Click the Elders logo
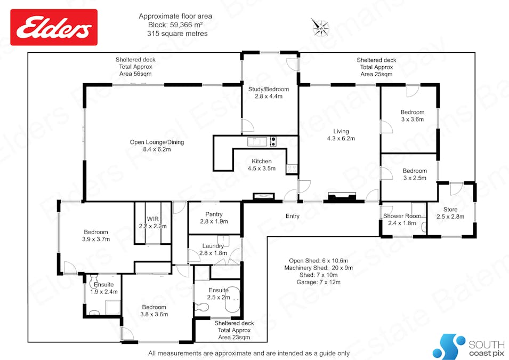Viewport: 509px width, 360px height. click(54, 27)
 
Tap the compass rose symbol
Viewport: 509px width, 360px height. click(321, 27)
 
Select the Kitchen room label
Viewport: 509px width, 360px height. click(262, 161)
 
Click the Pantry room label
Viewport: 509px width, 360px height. click(214, 214)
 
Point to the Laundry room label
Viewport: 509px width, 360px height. click(213, 246)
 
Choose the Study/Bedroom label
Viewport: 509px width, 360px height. click(269, 89)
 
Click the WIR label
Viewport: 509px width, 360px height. click(152, 219)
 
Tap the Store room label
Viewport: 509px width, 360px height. click(450, 210)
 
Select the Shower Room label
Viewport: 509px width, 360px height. click(402, 216)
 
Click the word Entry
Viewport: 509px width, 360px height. click(293, 216)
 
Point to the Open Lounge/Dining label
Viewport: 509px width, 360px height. click(157, 142)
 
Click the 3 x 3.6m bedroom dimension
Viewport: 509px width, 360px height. click(413, 119)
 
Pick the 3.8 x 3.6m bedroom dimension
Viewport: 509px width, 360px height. click(154, 314)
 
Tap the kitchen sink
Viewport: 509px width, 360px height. click(257, 142)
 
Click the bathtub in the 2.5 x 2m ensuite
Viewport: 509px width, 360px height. click(233, 299)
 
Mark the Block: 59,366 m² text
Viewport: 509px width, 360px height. click(175, 25)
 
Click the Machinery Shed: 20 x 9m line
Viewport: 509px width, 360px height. click(318, 268)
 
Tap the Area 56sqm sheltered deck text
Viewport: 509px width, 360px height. click(135, 74)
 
